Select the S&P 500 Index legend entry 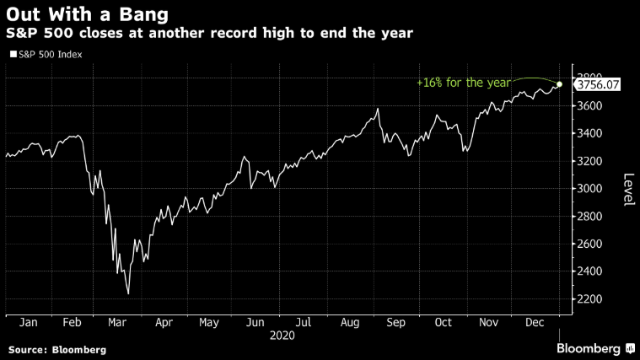pos(51,55)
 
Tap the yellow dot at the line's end pos(560,83)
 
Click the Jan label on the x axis pos(26,321)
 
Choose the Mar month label pos(118,321)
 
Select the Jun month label pos(253,321)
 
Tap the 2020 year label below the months pos(282,335)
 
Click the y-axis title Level pos(628,190)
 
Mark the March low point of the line pos(128,294)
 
